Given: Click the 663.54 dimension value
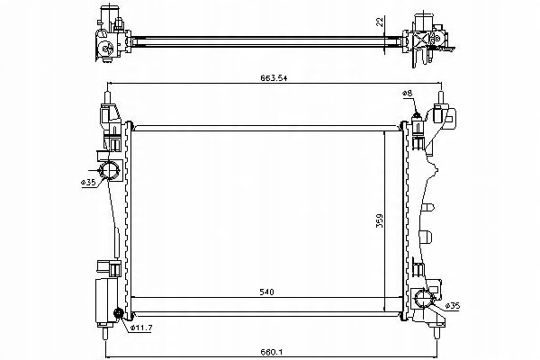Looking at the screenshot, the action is point(274,78).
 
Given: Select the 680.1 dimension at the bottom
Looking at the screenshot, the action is point(272,352).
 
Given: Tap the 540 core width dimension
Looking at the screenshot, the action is point(266,292).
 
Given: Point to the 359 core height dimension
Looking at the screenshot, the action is point(379,220).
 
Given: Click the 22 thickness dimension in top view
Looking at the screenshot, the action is point(380,22).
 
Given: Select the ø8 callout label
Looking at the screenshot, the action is point(407,93).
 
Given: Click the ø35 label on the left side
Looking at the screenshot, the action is point(88,182).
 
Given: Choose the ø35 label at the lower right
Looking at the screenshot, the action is point(452,306).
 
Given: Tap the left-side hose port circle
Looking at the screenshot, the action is point(110,170).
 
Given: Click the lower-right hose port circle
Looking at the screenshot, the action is point(423,299).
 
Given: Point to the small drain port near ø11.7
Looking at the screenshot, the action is point(119,313).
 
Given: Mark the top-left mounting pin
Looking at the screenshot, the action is point(107,97).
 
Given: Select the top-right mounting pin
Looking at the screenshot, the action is point(440,97).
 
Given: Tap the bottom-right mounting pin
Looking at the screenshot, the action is point(436,332).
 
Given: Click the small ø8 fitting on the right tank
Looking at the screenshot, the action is point(417,119).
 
